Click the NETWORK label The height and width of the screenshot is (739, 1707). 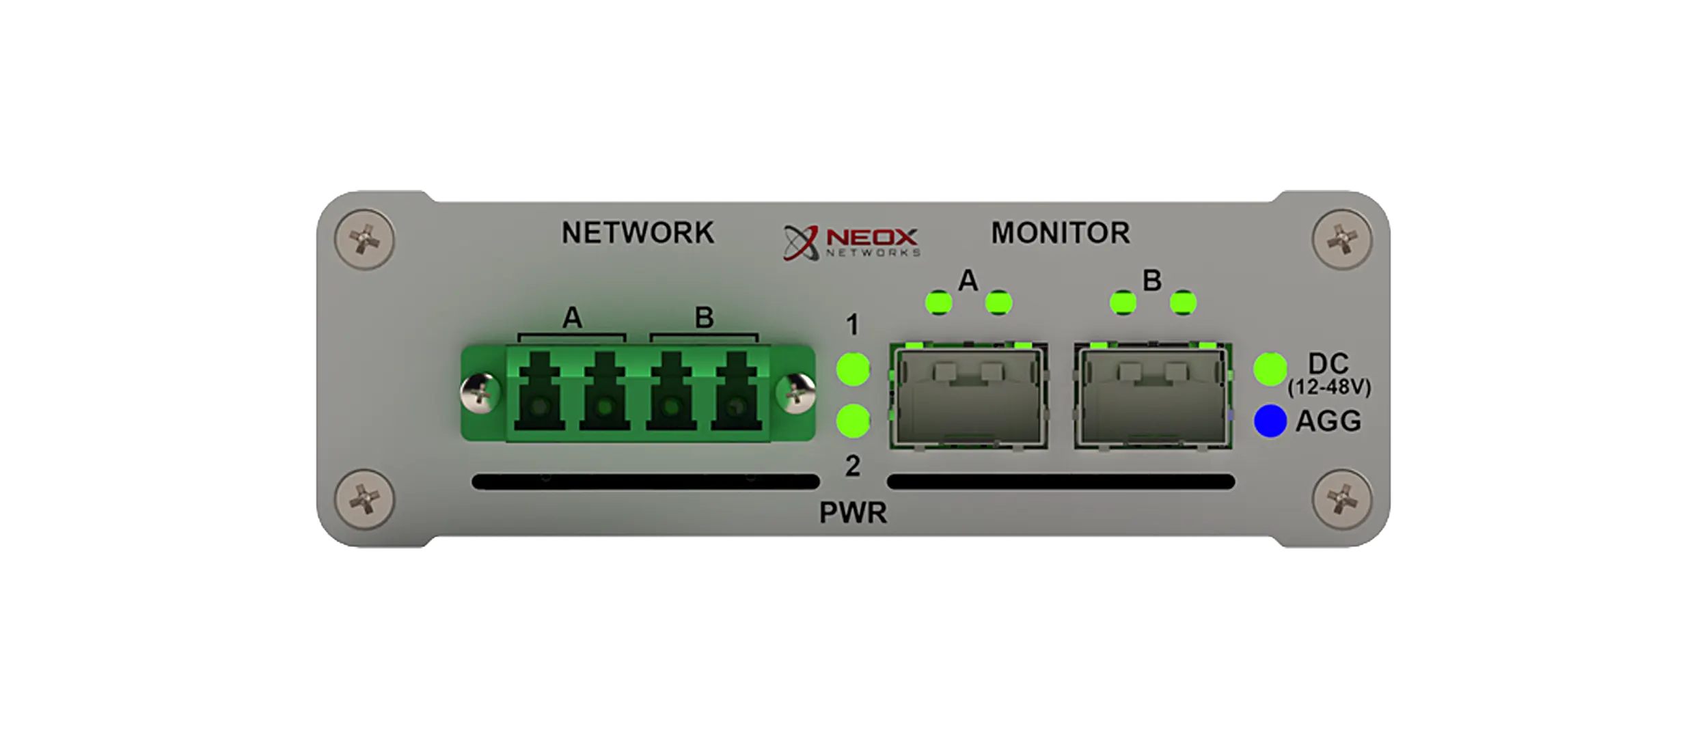[x=638, y=233]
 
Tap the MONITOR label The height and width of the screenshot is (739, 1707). [x=1061, y=233]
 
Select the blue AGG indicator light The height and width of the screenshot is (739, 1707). [x=1270, y=421]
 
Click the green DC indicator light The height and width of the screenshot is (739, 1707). [x=1270, y=369]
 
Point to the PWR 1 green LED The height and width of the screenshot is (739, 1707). [x=853, y=369]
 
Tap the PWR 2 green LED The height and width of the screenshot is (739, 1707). [x=853, y=421]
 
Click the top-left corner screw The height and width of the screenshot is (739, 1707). [x=365, y=240]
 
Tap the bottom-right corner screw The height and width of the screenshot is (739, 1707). [x=1342, y=499]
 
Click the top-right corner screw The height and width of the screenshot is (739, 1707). [x=1342, y=240]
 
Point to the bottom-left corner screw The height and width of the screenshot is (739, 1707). [x=365, y=499]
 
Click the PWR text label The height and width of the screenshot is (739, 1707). [x=853, y=513]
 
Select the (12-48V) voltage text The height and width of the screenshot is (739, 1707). [x=1329, y=388]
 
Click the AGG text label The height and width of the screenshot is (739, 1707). [x=1328, y=421]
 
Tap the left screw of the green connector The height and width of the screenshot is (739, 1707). [x=481, y=393]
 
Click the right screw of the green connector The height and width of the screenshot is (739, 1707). [x=795, y=393]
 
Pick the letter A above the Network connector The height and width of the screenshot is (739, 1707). [x=572, y=318]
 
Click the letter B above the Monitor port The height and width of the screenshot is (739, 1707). [x=1152, y=281]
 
